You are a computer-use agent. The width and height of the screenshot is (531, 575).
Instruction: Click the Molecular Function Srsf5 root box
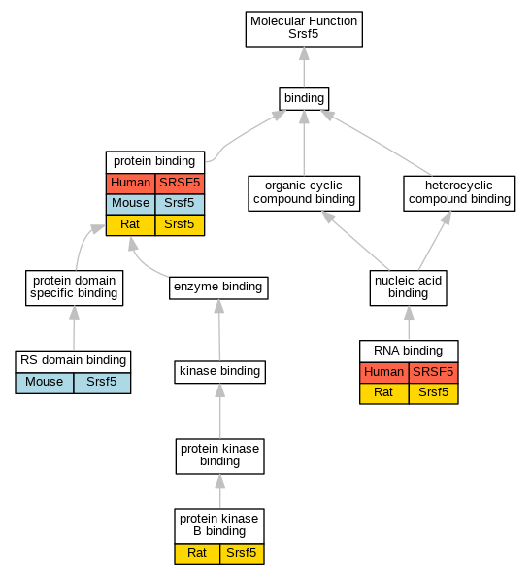point(304,29)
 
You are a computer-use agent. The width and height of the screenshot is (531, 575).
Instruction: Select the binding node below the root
point(304,99)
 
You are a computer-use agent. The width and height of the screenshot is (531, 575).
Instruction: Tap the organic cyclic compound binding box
point(304,193)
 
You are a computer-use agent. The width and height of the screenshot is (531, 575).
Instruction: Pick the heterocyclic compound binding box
point(459,193)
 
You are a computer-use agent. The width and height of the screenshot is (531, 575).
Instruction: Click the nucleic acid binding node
point(409,287)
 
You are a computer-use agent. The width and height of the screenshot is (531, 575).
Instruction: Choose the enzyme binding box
point(218,287)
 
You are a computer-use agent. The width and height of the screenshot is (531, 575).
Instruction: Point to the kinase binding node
point(220,372)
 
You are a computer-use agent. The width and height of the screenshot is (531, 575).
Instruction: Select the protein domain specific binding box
point(75,287)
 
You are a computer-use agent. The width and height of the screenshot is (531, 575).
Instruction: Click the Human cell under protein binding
point(130,184)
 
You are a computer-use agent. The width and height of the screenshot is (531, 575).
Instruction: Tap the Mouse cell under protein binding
point(130,204)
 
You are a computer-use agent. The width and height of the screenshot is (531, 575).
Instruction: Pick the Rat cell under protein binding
point(130,225)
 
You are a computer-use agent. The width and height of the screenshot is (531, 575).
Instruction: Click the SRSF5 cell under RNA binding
point(434,373)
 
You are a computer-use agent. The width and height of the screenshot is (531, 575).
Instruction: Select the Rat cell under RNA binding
point(384,393)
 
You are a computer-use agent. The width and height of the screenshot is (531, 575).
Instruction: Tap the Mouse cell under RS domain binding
point(45,383)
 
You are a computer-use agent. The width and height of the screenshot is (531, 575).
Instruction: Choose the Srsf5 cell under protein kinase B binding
point(242,554)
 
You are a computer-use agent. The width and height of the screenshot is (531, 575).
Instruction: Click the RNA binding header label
point(409,351)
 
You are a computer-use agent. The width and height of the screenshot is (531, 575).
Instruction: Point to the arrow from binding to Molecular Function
point(304,67)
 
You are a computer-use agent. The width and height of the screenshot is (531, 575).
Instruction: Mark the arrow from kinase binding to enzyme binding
point(219,330)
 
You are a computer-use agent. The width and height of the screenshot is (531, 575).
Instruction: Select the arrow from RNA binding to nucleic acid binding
point(409,322)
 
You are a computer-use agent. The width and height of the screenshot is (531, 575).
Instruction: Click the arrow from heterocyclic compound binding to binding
point(377,143)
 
